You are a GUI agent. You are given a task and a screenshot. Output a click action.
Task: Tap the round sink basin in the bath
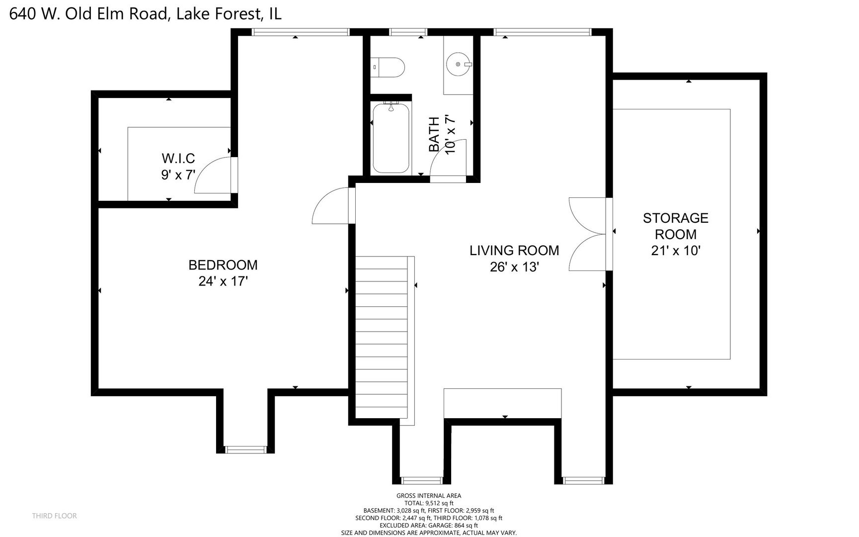[458, 64]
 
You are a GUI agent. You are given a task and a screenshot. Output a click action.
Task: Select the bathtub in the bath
[391, 138]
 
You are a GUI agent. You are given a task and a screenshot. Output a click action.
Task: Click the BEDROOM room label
[223, 265]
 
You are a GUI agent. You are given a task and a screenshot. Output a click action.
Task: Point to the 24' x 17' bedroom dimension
[223, 281]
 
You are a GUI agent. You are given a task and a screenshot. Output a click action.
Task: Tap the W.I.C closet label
[178, 159]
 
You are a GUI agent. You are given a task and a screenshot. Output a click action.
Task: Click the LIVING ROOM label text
[514, 251]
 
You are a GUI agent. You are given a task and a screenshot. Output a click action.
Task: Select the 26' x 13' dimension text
[514, 268]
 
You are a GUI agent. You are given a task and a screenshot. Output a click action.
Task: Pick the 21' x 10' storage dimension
[675, 251]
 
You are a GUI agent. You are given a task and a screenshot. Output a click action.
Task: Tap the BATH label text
[434, 134]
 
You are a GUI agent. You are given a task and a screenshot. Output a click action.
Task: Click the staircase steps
[382, 338]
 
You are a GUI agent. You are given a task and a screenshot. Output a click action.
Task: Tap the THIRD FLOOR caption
[55, 516]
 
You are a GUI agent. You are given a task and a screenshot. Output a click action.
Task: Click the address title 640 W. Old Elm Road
[145, 13]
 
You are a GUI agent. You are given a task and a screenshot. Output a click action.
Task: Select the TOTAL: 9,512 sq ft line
[428, 503]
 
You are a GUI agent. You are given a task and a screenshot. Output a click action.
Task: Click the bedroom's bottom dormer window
[246, 450]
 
